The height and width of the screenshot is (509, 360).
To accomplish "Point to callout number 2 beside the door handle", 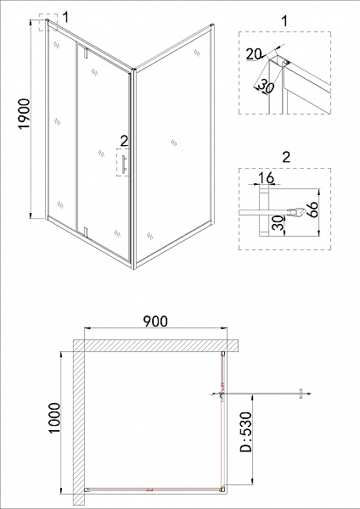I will point(124,141).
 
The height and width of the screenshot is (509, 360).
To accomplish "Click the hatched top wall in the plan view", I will point(153,345).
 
